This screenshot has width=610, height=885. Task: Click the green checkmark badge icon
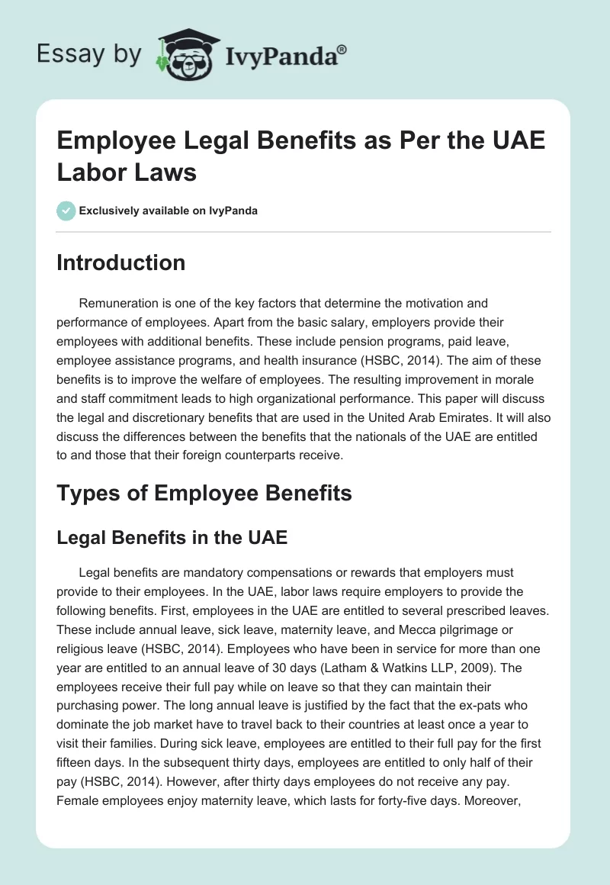coord(66,211)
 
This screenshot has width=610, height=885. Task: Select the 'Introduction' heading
coord(121,262)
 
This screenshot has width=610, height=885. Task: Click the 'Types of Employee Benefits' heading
coord(204,493)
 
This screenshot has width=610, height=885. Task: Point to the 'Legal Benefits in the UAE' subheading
coord(172,537)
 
